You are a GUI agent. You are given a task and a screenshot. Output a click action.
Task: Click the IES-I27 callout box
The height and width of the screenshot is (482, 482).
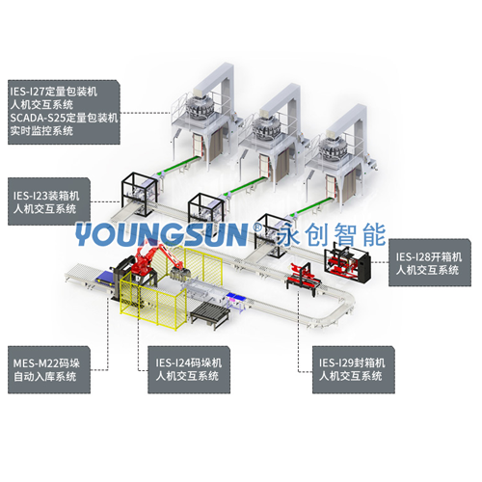click(64, 112)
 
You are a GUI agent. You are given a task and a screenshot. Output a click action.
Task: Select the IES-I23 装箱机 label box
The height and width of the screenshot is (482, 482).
click(49, 201)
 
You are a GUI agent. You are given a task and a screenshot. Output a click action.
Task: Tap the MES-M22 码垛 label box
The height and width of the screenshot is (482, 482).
click(49, 370)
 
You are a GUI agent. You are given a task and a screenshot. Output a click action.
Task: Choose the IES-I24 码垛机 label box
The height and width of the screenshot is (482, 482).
click(189, 370)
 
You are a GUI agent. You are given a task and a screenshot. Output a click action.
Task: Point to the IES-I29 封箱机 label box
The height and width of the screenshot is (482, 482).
click(354, 370)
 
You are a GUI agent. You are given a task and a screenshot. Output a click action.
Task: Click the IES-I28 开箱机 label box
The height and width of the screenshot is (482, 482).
click(430, 262)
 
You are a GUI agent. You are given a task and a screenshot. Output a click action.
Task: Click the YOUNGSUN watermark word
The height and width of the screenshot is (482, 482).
click(162, 234)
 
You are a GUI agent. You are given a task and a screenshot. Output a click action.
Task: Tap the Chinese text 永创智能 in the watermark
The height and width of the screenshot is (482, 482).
click(332, 234)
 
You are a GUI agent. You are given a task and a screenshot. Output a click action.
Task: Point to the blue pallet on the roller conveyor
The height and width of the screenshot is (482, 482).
click(104, 278)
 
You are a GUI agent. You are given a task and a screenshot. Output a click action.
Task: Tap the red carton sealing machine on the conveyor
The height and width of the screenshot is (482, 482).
click(303, 278)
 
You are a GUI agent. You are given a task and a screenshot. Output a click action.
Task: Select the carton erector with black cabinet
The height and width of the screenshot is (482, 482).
click(347, 262)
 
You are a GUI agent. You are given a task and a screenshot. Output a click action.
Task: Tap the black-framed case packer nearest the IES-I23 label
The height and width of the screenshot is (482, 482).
click(140, 194)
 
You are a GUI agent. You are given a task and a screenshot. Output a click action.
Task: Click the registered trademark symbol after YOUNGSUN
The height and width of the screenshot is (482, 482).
click(257, 228)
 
